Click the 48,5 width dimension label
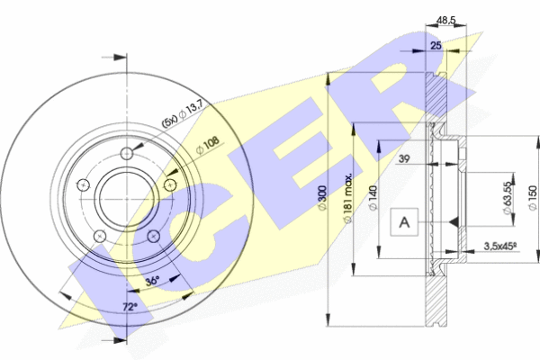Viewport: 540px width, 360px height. pyautogui.click(x=445, y=21)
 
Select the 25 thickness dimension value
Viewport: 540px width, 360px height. pyautogui.click(x=436, y=46)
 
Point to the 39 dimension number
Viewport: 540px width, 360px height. pyautogui.click(x=404, y=158)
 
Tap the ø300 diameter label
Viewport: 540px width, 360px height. pyautogui.click(x=322, y=197)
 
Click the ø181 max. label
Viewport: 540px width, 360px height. pyautogui.click(x=348, y=198)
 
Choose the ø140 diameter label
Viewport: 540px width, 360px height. pyautogui.click(x=373, y=197)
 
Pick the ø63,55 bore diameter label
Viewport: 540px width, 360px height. pyautogui.click(x=508, y=198)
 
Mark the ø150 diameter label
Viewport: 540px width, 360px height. pyautogui.click(x=533, y=198)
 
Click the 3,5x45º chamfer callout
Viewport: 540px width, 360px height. pyautogui.click(x=500, y=246)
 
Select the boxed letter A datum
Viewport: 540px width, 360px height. pyautogui.click(x=404, y=222)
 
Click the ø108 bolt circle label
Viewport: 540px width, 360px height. pyautogui.click(x=207, y=146)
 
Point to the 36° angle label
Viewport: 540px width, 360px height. pyautogui.click(x=153, y=281)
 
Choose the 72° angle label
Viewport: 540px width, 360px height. pyautogui.click(x=130, y=307)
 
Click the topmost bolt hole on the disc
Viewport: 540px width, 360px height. pyautogui.click(x=127, y=153)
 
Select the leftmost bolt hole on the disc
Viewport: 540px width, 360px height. pyautogui.click(x=83, y=185)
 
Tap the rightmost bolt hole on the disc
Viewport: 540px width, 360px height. pyautogui.click(x=170, y=185)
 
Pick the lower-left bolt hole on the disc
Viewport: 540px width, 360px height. pyautogui.click(x=100, y=237)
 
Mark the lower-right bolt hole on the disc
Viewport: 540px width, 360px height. pyautogui.click(x=154, y=237)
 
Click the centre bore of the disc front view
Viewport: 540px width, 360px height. pyautogui.click(x=127, y=199)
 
